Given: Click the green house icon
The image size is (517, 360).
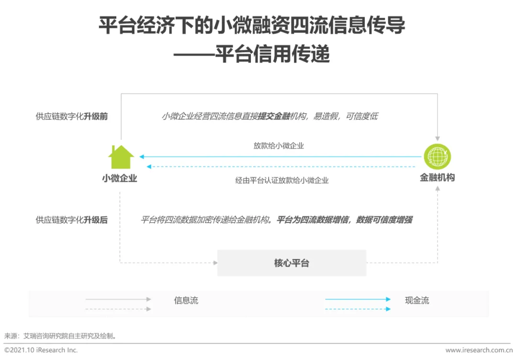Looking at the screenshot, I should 121,157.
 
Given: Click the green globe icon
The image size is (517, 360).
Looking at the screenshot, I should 437,156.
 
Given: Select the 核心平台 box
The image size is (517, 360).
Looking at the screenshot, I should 292,263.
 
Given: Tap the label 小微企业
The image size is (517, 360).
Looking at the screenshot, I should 120,178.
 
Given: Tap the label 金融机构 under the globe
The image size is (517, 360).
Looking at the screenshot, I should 437,178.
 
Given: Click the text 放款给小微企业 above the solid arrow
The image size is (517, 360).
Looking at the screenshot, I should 279,146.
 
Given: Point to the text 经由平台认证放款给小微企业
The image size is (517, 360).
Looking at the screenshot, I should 282,180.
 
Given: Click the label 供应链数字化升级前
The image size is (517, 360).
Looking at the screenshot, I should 72,116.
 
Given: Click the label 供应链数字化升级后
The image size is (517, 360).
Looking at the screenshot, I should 72,220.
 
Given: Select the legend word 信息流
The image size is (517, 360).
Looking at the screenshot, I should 186,301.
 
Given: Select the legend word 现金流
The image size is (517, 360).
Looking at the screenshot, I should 417,301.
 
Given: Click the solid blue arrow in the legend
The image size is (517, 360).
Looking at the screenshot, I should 358,299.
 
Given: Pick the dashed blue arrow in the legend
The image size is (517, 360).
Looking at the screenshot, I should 358,309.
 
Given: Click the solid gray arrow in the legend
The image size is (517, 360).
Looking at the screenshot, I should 118,299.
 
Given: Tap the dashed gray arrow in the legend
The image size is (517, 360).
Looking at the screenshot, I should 118,309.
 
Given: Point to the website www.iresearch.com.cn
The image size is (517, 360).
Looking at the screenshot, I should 479,350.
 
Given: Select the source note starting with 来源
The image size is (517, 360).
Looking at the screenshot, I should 60,336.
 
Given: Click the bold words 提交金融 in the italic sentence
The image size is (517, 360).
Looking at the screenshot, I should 274,116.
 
